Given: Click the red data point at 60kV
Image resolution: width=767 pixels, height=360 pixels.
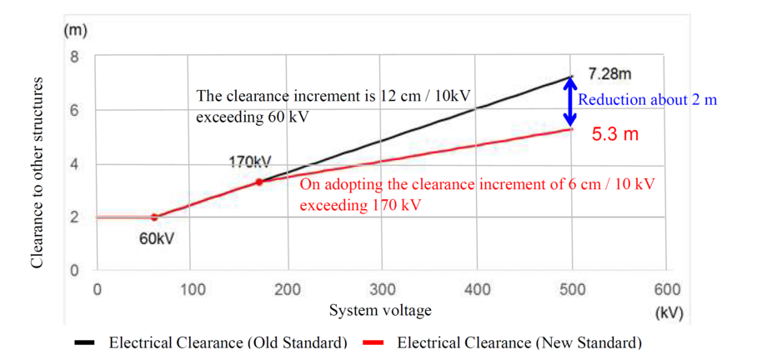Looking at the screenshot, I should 153,217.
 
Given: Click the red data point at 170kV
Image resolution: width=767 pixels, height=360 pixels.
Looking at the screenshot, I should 259,182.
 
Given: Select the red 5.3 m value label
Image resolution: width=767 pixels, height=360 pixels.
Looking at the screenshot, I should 615,133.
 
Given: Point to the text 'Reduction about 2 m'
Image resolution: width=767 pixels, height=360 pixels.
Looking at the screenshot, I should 648,100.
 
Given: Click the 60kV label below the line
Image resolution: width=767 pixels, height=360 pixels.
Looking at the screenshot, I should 157,238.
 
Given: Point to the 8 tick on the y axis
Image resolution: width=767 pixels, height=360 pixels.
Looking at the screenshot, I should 73,57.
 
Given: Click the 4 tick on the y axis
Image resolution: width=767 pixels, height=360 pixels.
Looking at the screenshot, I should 73,164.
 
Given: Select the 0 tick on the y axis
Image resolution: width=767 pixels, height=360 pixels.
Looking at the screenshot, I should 73,271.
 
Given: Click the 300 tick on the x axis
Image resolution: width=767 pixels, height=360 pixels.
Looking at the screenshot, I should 383,290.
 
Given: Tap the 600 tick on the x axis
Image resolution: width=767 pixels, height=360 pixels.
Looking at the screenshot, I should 668,290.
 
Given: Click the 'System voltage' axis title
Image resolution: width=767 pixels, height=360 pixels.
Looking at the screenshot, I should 380,311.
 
